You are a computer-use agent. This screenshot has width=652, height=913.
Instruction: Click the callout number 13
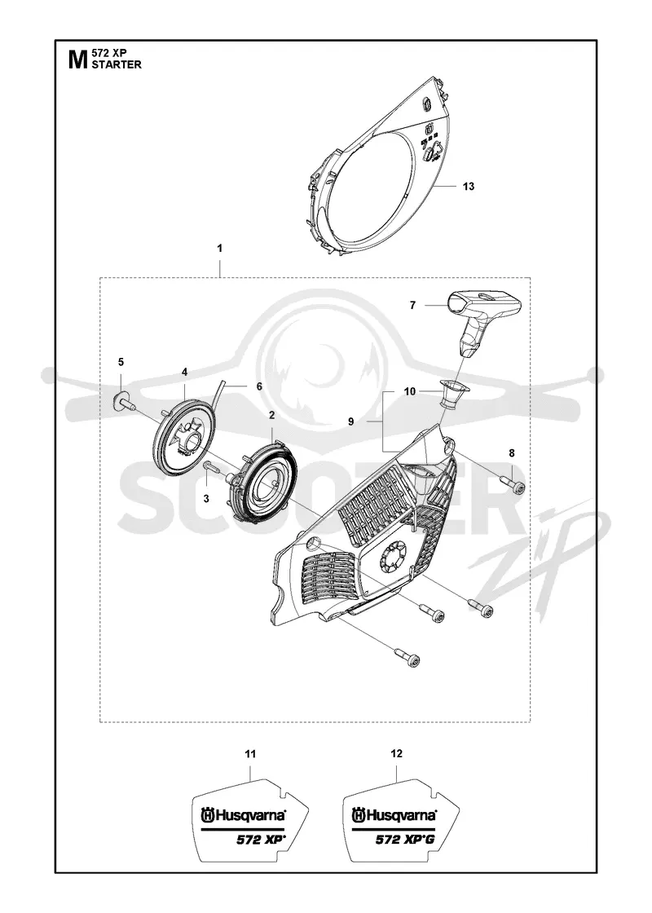(468, 187)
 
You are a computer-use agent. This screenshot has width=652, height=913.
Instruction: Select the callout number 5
(121, 362)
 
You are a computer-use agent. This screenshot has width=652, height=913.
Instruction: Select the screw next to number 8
(513, 485)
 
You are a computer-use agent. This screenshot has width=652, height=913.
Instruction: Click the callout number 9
(351, 421)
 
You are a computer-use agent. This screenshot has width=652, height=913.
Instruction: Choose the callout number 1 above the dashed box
(219, 248)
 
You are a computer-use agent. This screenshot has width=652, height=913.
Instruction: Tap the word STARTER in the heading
(117, 64)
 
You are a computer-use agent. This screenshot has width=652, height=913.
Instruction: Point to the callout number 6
(259, 386)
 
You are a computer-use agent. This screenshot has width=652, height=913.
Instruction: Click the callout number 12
(396, 753)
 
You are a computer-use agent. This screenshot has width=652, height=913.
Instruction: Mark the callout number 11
(250, 754)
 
